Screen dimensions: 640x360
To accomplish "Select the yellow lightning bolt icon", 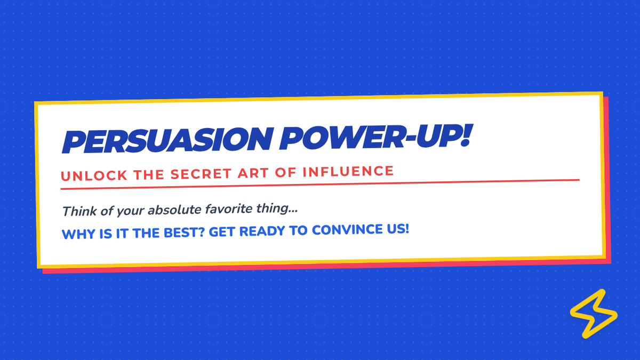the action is pos(594,314).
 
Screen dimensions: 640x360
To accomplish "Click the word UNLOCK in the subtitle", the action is pos(94,175).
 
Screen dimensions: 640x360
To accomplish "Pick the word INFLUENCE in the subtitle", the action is pos(348,171).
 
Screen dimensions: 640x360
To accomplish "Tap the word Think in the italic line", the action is pos(79,211).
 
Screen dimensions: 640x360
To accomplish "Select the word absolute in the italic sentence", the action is pos(174,210).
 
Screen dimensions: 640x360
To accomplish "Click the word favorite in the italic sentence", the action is pos(229,209).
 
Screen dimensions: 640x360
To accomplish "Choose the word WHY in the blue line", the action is pos(78,234).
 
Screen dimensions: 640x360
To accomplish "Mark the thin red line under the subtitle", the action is pos(320,185).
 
